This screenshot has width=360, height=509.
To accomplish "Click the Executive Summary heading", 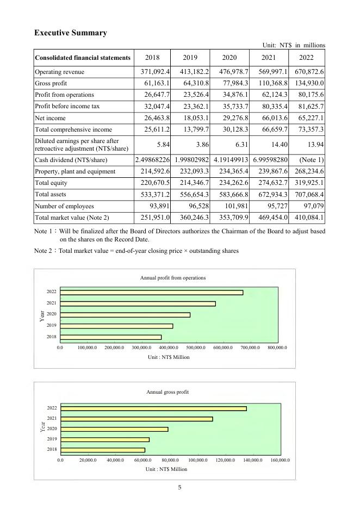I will [x=70, y=33].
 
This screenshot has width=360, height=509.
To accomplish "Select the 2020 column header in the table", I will [x=229, y=57].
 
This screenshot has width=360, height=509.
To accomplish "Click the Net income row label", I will [x=51, y=117].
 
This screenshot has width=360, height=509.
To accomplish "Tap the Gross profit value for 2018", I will [x=153, y=83].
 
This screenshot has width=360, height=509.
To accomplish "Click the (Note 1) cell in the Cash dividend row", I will [x=311, y=160].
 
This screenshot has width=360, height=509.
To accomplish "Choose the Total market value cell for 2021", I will [x=270, y=218].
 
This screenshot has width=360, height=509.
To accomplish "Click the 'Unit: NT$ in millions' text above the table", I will [x=293, y=45].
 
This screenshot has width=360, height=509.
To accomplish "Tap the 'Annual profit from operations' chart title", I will [x=173, y=278].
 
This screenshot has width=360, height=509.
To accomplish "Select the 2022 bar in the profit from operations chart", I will [x=152, y=293].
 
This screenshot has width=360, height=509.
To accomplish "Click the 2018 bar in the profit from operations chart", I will [x=111, y=337].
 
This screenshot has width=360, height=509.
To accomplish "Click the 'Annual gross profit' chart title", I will [x=167, y=392].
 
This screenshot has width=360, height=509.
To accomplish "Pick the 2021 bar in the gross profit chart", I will [x=136, y=419].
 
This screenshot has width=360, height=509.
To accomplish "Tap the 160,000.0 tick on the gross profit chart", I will [x=280, y=460].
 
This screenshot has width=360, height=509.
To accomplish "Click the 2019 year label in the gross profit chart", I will [x=52, y=439].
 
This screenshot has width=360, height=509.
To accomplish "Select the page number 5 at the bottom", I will [x=179, y=487].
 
